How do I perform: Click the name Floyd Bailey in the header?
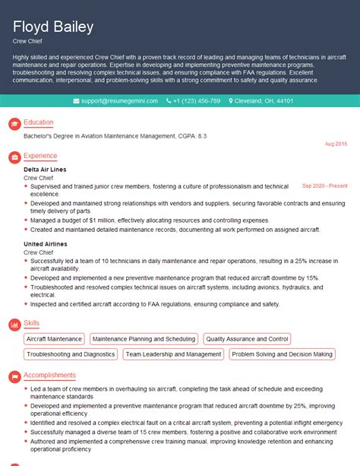pos(54,27)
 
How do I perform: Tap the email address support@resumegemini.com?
pos(119,100)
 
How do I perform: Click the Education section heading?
pos(38,122)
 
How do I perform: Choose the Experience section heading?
pos(40,156)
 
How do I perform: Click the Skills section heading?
pos(32,323)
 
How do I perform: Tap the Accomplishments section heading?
pos(49,375)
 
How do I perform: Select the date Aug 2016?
pos(336,144)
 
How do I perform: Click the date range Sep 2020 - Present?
pos(324,185)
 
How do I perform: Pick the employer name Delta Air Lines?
pos(45,169)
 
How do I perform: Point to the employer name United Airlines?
pos(45,244)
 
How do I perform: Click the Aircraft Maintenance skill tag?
pos(54,339)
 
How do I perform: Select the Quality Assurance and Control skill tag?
pos(247,339)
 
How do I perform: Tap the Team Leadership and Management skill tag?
pos(173,354)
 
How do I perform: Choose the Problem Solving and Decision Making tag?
pos(282,354)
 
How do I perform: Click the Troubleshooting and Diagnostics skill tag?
pos(71,354)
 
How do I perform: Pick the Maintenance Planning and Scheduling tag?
pos(144,339)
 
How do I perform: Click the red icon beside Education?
pos(13,123)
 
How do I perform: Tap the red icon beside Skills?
pos(13,324)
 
